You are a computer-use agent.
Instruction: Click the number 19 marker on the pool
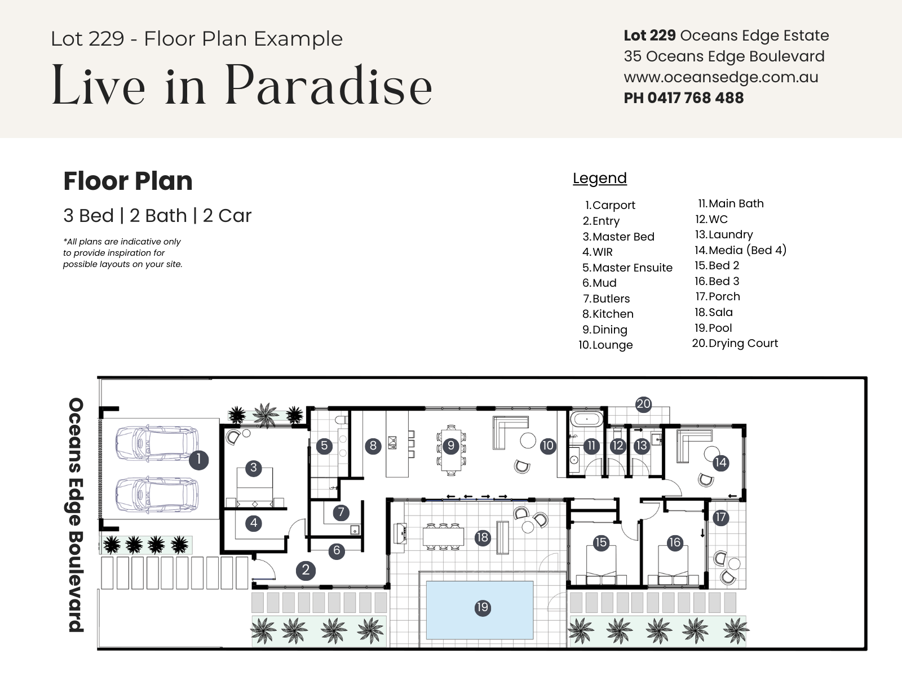point(483,607)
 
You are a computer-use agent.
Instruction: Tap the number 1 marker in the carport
point(199,460)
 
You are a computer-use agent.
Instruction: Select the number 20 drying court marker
point(644,404)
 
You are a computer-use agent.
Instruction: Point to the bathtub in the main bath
point(586,420)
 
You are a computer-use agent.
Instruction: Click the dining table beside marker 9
point(451,451)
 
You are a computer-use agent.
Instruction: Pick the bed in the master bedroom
point(255,487)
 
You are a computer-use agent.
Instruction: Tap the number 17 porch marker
point(721,517)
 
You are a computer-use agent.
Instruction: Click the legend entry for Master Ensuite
point(627,268)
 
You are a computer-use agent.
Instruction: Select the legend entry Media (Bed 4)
point(741,250)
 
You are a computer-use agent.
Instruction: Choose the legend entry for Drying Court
point(735,343)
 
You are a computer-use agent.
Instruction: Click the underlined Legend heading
point(600,178)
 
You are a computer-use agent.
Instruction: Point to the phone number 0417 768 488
point(695,97)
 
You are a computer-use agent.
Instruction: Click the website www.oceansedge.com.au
point(721,77)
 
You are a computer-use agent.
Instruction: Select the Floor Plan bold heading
point(128,181)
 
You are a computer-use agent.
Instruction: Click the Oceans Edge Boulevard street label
point(76,515)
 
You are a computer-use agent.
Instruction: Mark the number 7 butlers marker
point(341,512)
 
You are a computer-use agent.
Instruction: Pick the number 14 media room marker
point(721,462)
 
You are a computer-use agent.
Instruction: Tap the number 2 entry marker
point(306,570)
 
